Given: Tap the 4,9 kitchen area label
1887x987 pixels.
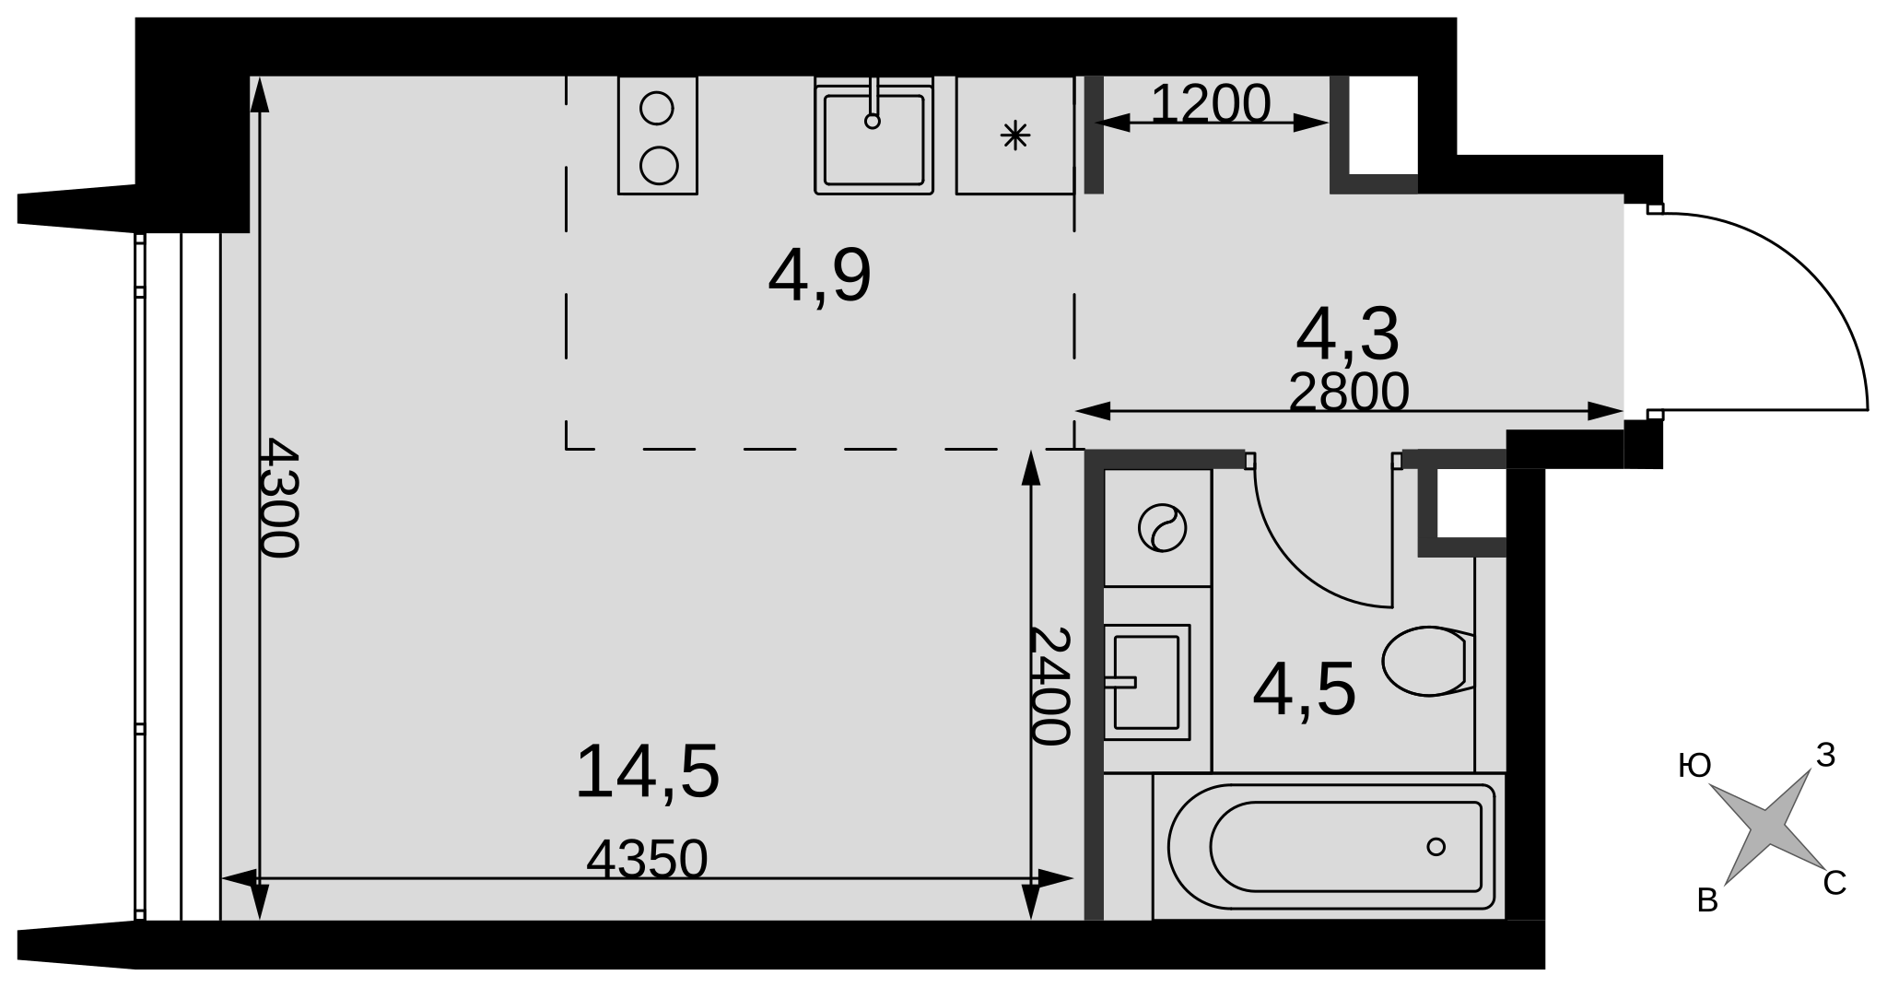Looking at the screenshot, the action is pyautogui.click(x=819, y=276).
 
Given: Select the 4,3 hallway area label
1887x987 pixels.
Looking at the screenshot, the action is pyautogui.click(x=1347, y=335).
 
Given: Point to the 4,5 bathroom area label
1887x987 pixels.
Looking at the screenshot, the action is pyautogui.click(x=1304, y=690).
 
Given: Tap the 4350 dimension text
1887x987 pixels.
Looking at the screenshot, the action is pyautogui.click(x=647, y=859).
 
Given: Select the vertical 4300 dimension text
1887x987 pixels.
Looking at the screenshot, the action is pyautogui.click(x=278, y=498).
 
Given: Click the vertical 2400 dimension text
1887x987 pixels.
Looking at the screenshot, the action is pyautogui.click(x=1049, y=686).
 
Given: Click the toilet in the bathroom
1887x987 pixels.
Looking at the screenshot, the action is pyautogui.click(x=1428, y=661).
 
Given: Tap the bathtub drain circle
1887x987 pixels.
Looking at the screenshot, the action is pyautogui.click(x=1436, y=846).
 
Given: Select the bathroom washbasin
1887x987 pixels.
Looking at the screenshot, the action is pyautogui.click(x=1147, y=682).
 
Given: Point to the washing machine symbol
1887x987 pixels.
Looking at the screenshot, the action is pyautogui.click(x=1162, y=528).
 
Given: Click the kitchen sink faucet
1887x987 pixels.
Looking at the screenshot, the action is pyautogui.click(x=873, y=102).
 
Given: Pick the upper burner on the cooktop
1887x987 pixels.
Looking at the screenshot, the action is pyautogui.click(x=657, y=108).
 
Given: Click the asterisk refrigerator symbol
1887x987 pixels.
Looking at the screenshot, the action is pyautogui.click(x=1014, y=136).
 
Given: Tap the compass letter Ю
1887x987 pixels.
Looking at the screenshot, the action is pyautogui.click(x=1695, y=765).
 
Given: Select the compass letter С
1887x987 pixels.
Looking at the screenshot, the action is pyautogui.click(x=1834, y=883).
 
